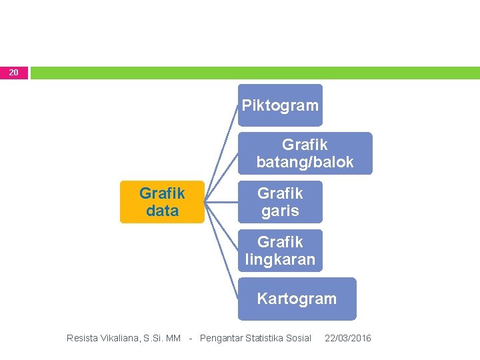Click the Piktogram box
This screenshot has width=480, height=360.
pyautogui.click(x=280, y=105)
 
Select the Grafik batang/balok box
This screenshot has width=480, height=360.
pyautogui.click(x=305, y=153)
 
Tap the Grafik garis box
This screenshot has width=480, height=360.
pyautogui.click(x=280, y=202)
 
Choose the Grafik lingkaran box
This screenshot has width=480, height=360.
pyautogui.click(x=280, y=251)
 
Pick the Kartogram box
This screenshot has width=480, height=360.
pyautogui.click(x=297, y=299)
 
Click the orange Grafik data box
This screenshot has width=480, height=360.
pyautogui.click(x=162, y=202)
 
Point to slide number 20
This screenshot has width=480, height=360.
pyautogui.click(x=14, y=72)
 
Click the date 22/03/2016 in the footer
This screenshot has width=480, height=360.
pyautogui.click(x=348, y=339)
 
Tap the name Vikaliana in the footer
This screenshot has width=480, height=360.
pyautogui.click(x=122, y=339)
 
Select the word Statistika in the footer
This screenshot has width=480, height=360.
pyautogui.click(x=265, y=339)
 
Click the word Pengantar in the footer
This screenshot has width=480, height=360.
pyautogui.click(x=221, y=339)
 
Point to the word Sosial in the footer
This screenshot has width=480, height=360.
pyautogui.click(x=299, y=339)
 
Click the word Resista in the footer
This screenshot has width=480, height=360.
pyautogui.click(x=82, y=339)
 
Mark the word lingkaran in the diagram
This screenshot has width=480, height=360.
pyautogui.click(x=280, y=259)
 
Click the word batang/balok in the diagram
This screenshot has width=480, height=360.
pyautogui.click(x=305, y=162)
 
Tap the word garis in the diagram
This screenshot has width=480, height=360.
pyautogui.click(x=280, y=211)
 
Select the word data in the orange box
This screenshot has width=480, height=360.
pyautogui.click(x=162, y=211)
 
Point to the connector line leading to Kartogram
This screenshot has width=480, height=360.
pyautogui.click(x=222, y=249)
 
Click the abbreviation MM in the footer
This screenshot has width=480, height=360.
pyautogui.click(x=173, y=339)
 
